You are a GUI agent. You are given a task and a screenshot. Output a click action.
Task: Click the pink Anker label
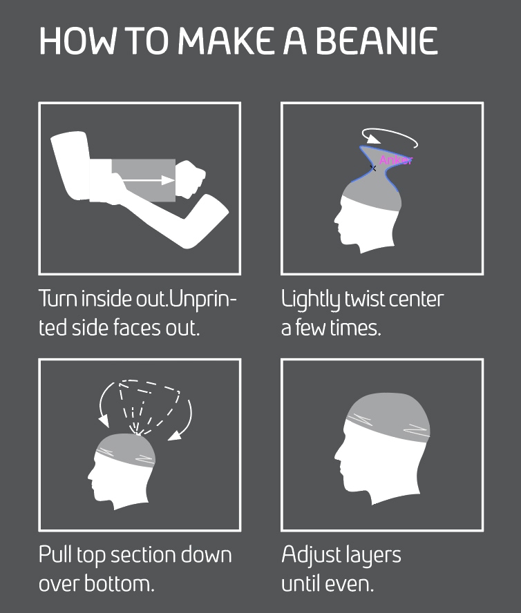coord(396,160)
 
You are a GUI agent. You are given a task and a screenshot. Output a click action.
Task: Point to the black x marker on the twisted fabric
coord(373,168)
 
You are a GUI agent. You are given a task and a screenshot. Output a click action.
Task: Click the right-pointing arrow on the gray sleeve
coord(149,180)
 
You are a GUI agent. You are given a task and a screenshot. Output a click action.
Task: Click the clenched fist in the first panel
coord(191,179)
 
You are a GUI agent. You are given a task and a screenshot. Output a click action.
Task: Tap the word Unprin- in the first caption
coord(203,300)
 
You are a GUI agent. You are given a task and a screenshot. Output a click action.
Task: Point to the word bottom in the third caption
coord(117,583)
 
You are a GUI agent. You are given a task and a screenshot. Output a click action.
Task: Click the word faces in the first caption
coord(138,328)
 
